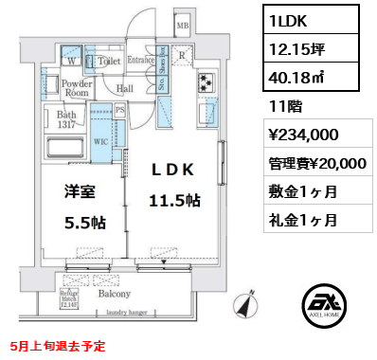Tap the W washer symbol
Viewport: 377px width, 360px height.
click(x=72, y=63)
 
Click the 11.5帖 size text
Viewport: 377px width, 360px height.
click(x=171, y=201)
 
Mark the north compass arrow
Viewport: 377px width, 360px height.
click(x=249, y=307)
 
